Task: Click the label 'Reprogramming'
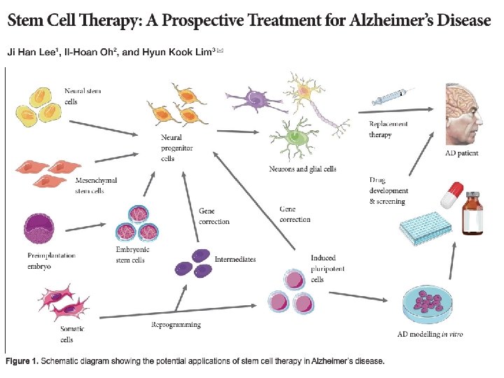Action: tap(176, 324)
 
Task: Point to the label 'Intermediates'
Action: tap(235, 259)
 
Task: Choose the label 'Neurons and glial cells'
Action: tap(302, 169)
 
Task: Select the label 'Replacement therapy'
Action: tap(388, 129)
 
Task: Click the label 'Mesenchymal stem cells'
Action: tap(95, 185)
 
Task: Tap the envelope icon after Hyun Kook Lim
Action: tap(220, 50)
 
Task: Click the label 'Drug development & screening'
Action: tap(388, 191)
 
